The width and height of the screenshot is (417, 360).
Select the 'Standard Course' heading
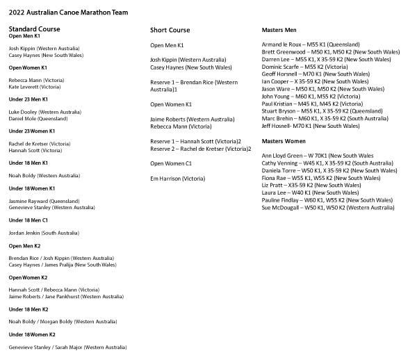pos(34,29)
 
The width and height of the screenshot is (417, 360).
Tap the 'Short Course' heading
pos(170,31)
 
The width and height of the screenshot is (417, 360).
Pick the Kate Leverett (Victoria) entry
pos(35,88)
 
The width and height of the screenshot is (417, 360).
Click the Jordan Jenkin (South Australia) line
pos(43,232)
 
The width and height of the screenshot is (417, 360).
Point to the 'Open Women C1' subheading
pos(171,163)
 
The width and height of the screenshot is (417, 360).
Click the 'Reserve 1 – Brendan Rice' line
pos(194,82)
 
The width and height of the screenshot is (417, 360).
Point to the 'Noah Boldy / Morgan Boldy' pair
pos(63,322)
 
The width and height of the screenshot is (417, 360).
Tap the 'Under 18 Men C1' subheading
pos(28,220)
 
